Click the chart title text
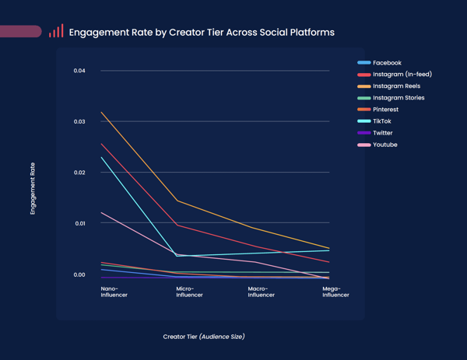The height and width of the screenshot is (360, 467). click(202, 33)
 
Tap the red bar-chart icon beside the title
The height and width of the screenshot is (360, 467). click(56, 32)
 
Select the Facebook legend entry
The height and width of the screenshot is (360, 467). click(387, 63)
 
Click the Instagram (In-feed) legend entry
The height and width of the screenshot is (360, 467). click(402, 75)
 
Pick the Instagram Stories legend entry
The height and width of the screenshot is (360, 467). click(399, 98)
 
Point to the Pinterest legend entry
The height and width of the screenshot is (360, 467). click(385, 110)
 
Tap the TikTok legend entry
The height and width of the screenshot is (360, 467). click(381, 121)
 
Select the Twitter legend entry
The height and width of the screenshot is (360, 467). click(382, 133)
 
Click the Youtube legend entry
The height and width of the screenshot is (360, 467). click(384, 145)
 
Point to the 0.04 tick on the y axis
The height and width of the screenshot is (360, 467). click(79, 72)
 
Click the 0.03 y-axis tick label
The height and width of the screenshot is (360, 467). click(79, 122)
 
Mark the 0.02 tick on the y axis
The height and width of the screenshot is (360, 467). click(79, 173)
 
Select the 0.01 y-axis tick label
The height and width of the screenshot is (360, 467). click(79, 223)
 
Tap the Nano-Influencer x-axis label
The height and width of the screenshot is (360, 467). click(114, 292)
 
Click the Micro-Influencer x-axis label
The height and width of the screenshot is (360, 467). click(189, 292)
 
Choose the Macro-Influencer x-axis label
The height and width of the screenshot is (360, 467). click(261, 292)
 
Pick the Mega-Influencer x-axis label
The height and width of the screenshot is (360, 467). click(335, 292)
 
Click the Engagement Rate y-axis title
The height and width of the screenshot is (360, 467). click(33, 188)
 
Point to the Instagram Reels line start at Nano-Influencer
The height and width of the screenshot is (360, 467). click(101, 112)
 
